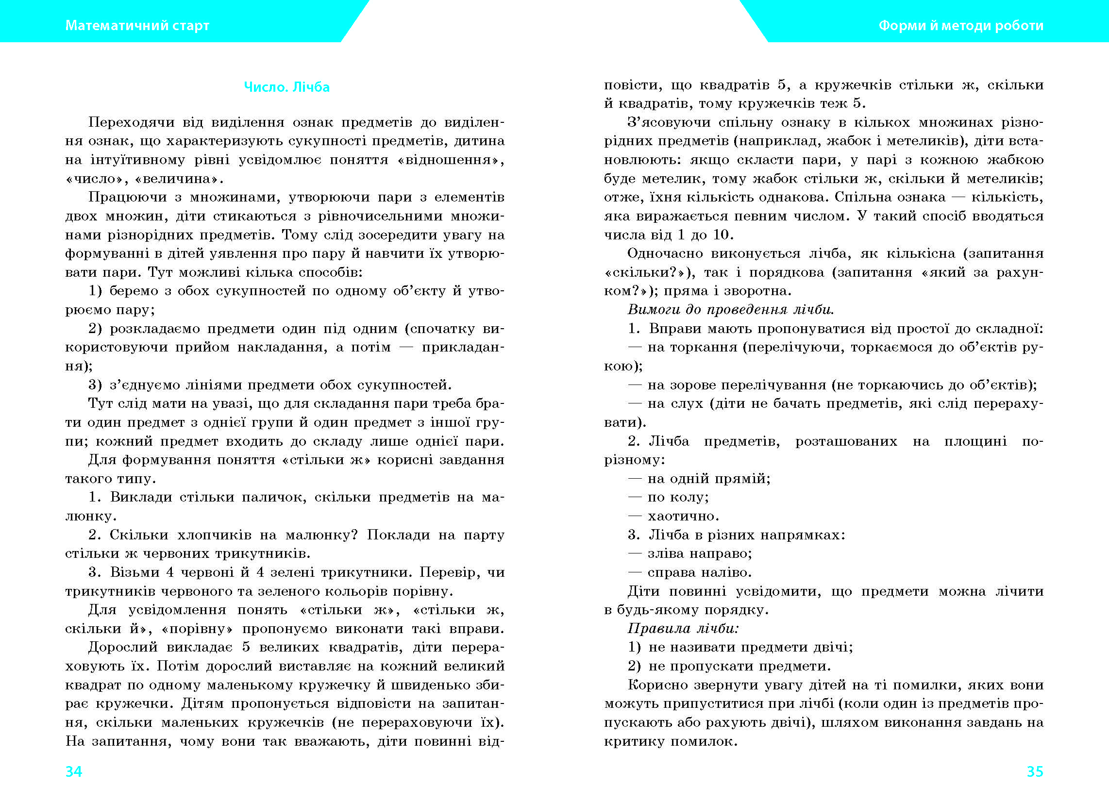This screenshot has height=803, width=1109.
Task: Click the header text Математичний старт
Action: point(137,25)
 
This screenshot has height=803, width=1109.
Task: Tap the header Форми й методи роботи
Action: point(961,25)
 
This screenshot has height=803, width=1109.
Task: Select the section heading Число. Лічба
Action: point(286,87)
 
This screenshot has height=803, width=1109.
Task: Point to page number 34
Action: point(74,771)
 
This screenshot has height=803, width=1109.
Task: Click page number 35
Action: point(1035,771)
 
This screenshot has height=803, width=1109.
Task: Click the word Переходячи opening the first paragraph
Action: point(131,122)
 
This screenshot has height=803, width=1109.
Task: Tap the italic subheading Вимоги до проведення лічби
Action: point(731,310)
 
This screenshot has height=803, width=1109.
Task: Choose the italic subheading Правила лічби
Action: point(683,628)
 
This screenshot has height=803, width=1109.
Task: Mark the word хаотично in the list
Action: point(683,516)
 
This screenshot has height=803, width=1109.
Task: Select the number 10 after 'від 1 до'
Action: point(721,235)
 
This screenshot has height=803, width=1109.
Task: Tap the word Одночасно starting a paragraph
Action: point(665,253)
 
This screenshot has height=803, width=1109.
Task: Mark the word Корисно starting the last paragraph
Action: point(656,685)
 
